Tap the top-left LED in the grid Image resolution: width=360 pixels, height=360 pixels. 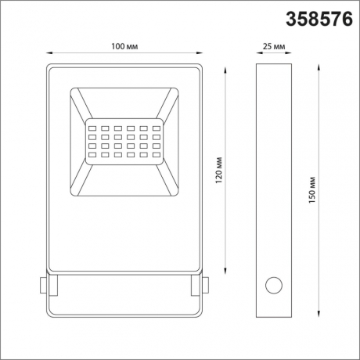pyautogui.click(x=92, y=126)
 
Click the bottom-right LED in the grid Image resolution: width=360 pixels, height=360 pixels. pyautogui.click(x=156, y=157)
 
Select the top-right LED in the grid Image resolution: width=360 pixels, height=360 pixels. pyautogui.click(x=156, y=126)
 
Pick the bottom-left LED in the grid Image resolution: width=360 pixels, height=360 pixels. pyautogui.click(x=92, y=157)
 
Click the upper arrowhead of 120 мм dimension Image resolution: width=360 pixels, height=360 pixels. pyautogui.click(x=227, y=68)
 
